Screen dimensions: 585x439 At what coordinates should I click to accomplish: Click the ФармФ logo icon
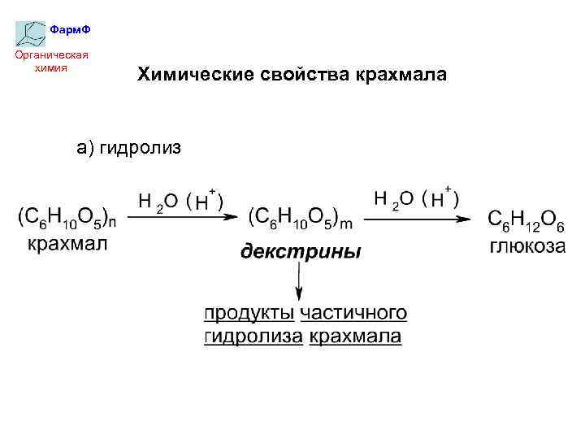31,33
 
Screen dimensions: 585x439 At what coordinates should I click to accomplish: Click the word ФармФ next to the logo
70,30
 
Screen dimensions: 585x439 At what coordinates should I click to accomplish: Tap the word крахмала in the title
401,75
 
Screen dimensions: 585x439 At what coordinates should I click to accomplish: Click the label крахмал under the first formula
67,243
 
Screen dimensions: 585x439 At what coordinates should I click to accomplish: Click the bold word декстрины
300,251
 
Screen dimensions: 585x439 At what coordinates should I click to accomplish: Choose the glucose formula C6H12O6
522,219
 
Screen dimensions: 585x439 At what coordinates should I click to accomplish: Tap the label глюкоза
527,246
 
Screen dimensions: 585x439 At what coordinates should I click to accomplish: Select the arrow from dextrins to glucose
417,218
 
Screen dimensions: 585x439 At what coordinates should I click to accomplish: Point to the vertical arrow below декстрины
300,280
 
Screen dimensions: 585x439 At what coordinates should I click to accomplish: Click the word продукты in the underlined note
249,313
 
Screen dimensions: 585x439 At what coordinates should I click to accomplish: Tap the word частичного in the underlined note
353,313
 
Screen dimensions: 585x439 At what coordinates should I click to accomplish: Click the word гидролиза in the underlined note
253,336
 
